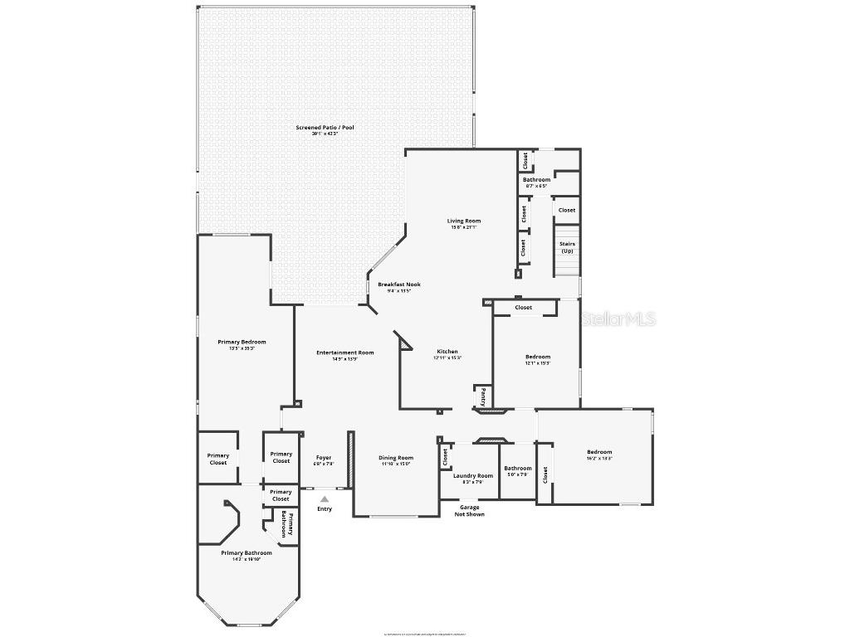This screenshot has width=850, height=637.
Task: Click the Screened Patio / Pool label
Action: tap(325, 127)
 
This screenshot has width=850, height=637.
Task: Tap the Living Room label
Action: tap(464, 221)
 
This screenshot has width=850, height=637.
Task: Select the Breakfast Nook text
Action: tap(399, 284)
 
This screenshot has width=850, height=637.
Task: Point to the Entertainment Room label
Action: tap(345, 353)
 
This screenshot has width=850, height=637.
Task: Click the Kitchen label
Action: tap(447, 352)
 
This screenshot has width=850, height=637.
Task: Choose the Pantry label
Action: tap(482, 396)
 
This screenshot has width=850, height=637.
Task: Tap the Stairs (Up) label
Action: tap(567, 247)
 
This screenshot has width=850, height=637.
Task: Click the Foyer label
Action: tap(324, 458)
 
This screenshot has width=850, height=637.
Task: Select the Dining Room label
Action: tap(396, 458)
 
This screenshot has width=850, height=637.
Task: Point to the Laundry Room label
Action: tap(473, 475)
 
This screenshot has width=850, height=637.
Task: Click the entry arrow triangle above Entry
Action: tap(325, 498)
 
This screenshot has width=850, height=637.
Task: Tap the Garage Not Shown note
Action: tap(470, 510)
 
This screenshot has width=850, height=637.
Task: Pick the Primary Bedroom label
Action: tap(242, 342)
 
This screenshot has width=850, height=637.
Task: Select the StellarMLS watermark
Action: tap(619, 318)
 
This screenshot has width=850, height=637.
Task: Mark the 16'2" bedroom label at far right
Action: tap(599, 452)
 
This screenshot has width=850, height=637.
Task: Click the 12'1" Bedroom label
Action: tap(538, 357)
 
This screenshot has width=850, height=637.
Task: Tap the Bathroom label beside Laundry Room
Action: tap(518, 468)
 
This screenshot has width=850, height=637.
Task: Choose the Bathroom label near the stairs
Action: tap(536, 179)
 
